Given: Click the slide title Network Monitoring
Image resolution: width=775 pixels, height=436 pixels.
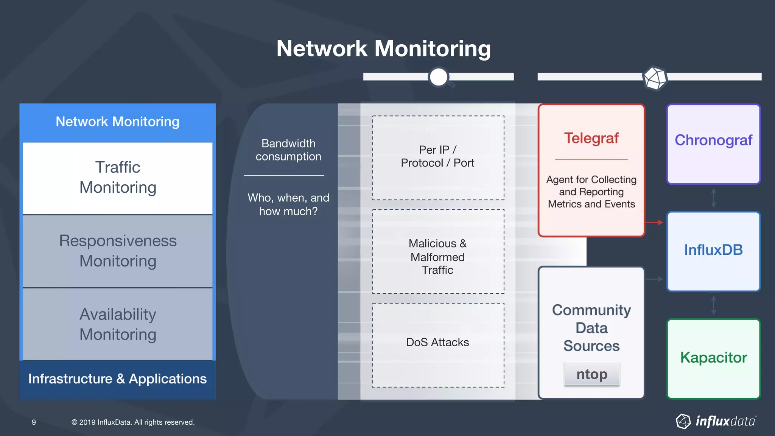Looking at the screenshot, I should (x=383, y=49).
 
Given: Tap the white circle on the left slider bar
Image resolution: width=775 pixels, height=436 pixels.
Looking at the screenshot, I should (x=439, y=77).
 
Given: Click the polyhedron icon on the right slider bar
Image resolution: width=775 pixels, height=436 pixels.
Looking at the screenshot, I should (x=655, y=78).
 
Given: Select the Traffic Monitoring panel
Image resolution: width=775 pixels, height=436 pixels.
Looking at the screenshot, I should (x=118, y=178).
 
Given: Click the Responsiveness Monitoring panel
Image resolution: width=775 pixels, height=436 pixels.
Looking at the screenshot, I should (x=118, y=251).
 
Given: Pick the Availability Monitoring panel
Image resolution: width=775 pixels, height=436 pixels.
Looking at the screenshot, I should (x=118, y=324).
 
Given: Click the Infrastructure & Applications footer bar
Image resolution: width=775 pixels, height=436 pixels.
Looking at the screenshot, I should (x=118, y=379).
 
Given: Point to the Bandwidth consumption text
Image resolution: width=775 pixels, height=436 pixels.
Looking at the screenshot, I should (x=288, y=150).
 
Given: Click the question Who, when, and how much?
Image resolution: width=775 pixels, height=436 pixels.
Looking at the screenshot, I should (x=288, y=204).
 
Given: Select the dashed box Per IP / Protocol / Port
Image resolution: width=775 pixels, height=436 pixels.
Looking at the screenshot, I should (x=438, y=157).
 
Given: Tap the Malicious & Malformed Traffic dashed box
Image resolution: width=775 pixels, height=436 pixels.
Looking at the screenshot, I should (x=438, y=252).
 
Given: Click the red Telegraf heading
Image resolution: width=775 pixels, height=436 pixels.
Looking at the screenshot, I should (x=591, y=138).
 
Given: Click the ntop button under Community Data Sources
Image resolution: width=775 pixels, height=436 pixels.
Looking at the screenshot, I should (x=591, y=374).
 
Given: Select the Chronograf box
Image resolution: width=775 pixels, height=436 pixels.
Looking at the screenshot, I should (x=713, y=144).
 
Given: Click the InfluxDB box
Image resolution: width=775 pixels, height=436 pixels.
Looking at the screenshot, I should (x=713, y=251).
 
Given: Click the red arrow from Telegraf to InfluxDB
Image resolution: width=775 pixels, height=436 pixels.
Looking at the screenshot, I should (x=654, y=223).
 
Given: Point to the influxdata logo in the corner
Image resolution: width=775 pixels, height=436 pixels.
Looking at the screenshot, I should (x=716, y=421).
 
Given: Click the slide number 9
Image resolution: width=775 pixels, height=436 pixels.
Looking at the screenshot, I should (x=34, y=422).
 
